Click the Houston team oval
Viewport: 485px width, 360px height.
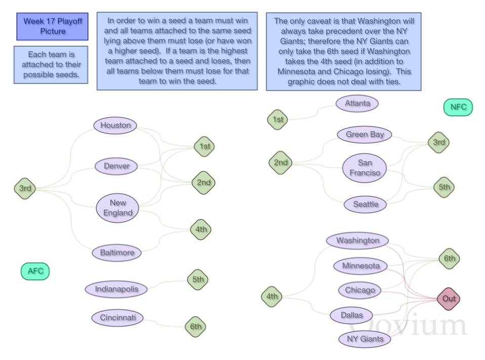(x=115, y=125)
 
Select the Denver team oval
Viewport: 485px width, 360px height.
(x=116, y=166)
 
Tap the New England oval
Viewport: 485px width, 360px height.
(x=117, y=208)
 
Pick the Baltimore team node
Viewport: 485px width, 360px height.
(x=117, y=253)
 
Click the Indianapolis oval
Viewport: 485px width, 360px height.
(x=116, y=289)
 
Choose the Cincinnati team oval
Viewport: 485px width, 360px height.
(x=117, y=317)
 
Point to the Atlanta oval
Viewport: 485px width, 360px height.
(x=357, y=103)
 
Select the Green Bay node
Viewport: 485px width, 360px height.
(x=365, y=135)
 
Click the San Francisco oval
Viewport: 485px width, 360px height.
(x=365, y=168)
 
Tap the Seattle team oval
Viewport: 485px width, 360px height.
(x=366, y=205)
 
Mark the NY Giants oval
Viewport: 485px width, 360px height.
(x=365, y=339)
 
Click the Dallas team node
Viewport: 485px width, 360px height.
(x=352, y=315)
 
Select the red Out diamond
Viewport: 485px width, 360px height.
(x=449, y=299)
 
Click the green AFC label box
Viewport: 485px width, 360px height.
(x=35, y=271)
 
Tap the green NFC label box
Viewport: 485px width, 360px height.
(x=458, y=107)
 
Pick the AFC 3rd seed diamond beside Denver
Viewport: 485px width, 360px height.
(x=25, y=188)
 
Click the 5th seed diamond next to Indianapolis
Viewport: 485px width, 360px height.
(x=198, y=279)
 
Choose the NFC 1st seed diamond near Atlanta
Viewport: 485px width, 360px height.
(x=277, y=119)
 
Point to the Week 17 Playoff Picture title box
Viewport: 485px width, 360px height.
(x=52, y=27)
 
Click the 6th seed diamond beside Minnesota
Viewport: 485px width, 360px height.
(x=449, y=259)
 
